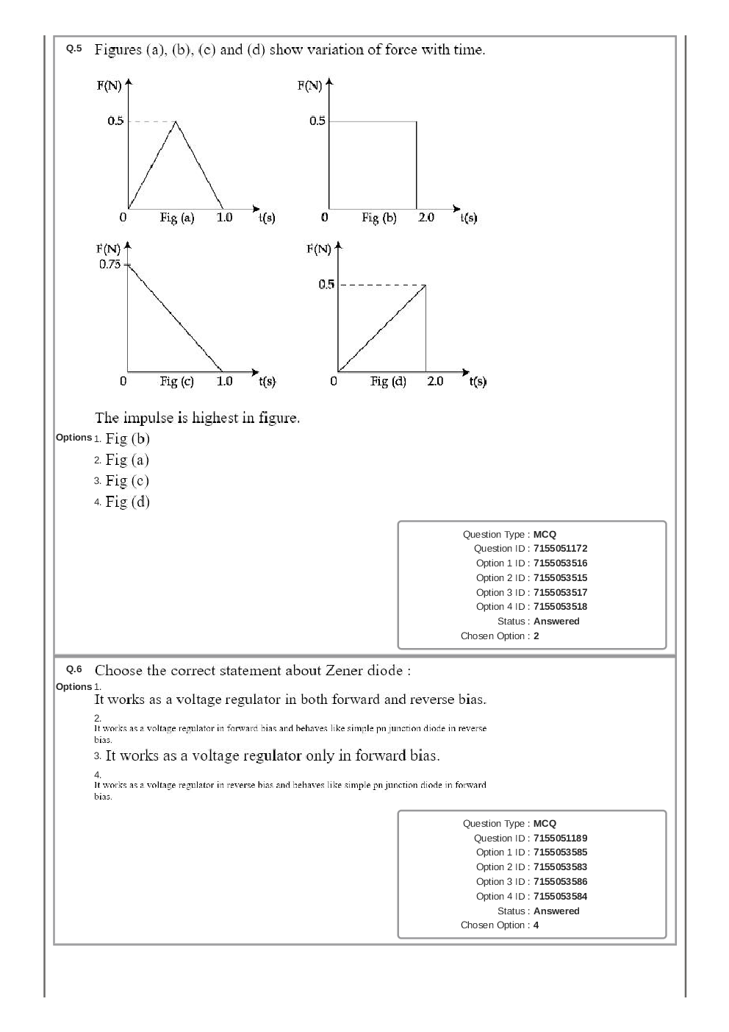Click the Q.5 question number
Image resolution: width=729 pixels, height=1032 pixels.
pyautogui.click(x=74, y=49)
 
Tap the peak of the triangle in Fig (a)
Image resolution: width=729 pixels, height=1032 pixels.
pyautogui.click(x=176, y=121)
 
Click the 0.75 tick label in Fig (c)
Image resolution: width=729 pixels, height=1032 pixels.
pyautogui.click(x=109, y=264)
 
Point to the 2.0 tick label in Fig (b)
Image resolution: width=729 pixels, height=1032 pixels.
pyautogui.click(x=426, y=217)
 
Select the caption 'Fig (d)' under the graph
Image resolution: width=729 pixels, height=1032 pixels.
pyautogui.click(x=388, y=381)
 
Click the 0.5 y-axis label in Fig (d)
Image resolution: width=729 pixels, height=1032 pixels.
pyautogui.click(x=326, y=285)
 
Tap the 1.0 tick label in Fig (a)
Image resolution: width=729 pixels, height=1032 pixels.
pyautogui.click(x=224, y=217)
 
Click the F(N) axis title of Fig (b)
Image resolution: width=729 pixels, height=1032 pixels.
pyautogui.click(x=309, y=85)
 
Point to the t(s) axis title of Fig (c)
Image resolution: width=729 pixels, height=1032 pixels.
pyautogui.click(x=267, y=381)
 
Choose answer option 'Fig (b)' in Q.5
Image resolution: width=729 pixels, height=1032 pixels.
pyautogui.click(x=127, y=438)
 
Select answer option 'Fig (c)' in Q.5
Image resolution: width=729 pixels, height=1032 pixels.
pyautogui.click(x=127, y=480)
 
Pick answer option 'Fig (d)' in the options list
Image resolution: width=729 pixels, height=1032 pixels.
pyautogui.click(x=127, y=502)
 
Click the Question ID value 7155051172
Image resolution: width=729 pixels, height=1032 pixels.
pyautogui.click(x=560, y=549)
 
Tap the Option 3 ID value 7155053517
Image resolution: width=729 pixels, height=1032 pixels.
pyautogui.click(x=560, y=592)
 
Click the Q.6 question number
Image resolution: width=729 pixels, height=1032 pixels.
pyautogui.click(x=74, y=669)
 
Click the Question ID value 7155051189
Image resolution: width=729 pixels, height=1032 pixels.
pyautogui.click(x=560, y=838)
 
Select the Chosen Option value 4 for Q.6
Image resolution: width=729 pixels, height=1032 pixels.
pyautogui.click(x=536, y=925)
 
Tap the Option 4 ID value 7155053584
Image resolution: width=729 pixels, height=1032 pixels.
pyautogui.click(x=560, y=896)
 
